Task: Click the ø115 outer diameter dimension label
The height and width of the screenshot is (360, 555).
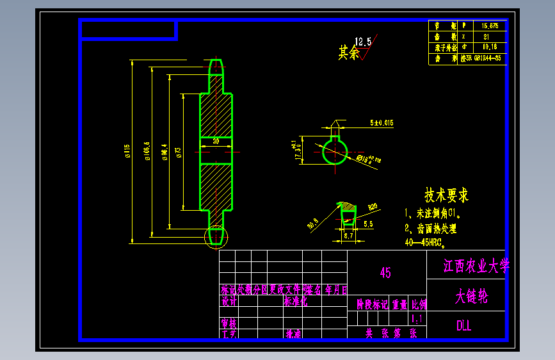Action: coord(128,151)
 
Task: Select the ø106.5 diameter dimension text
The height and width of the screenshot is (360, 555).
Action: coord(148,151)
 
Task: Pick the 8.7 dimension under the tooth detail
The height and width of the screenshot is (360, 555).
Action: coord(349,236)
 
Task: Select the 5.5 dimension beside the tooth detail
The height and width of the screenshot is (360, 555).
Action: coord(368,225)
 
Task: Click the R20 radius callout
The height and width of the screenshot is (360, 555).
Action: coord(373,207)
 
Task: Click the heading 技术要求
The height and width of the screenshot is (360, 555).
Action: coord(447,195)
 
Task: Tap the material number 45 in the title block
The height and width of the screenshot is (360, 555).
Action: coord(385,273)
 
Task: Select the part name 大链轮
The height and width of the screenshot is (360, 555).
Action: coord(471,297)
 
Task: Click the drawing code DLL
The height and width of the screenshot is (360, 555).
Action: coord(464,325)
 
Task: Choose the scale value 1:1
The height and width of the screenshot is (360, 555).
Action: coord(417,318)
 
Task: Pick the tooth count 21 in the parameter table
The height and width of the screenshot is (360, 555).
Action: coord(486,37)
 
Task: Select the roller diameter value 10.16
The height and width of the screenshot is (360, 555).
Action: coord(489,47)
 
